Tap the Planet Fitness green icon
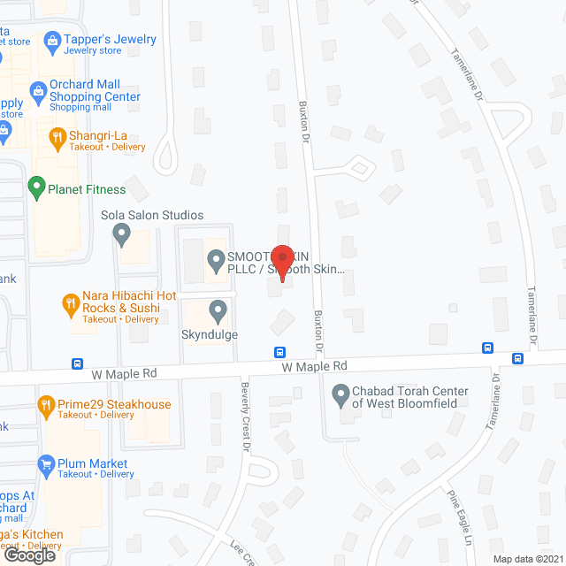[x=36, y=187]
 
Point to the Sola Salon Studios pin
[x=122, y=235]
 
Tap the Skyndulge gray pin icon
[x=218, y=311]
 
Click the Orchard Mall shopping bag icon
[x=38, y=89]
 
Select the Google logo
[x=28, y=555]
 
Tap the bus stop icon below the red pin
[x=280, y=351]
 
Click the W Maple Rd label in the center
[x=314, y=365]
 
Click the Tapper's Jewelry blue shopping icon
[x=54, y=40]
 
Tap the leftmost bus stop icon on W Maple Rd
[x=77, y=363]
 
